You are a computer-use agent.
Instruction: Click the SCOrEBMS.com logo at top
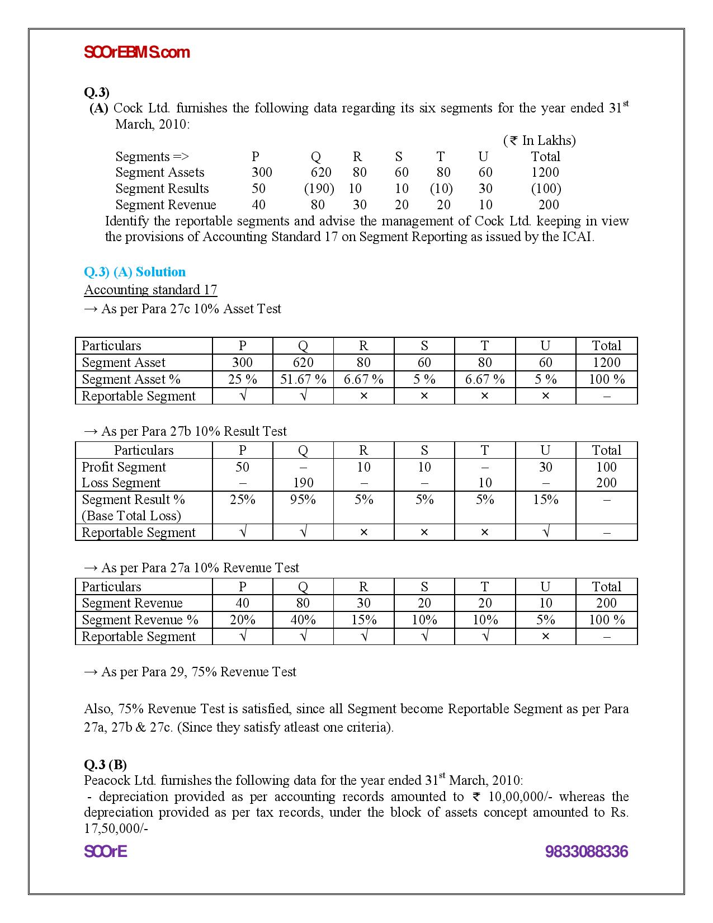click(x=137, y=53)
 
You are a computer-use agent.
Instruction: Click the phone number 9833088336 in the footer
click(x=586, y=852)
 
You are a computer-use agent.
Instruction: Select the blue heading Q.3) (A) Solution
click(x=135, y=272)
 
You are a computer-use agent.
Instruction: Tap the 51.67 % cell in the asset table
click(x=303, y=379)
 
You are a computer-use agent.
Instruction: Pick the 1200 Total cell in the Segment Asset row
click(x=606, y=362)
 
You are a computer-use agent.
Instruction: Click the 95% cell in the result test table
click(x=303, y=500)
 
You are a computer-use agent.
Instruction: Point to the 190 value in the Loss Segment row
click(x=303, y=483)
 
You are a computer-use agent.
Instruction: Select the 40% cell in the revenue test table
click(x=303, y=620)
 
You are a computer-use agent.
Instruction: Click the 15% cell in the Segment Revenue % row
click(x=363, y=620)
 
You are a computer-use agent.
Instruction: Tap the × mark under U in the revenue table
click(x=545, y=637)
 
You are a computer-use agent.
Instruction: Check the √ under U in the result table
click(x=545, y=533)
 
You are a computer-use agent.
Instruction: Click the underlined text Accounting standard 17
click(x=150, y=290)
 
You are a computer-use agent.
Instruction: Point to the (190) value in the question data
click(x=319, y=189)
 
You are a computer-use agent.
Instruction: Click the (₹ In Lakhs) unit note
click(x=539, y=140)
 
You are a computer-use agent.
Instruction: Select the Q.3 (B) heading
click(x=105, y=764)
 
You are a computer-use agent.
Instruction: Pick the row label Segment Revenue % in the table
click(x=140, y=620)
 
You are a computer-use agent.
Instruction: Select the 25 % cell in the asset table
click(x=242, y=379)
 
